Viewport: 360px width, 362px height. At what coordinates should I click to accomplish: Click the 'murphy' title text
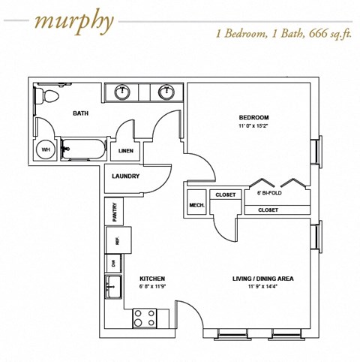[73, 22]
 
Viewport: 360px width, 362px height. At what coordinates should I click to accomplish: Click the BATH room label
[81, 114]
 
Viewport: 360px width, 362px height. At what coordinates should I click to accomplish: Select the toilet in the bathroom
[46, 96]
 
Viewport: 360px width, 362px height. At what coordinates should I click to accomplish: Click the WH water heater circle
[46, 149]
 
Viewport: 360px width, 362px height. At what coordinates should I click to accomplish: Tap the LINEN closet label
[127, 151]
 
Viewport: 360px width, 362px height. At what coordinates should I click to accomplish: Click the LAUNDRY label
[125, 176]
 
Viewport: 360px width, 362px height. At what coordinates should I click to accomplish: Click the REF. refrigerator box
[117, 241]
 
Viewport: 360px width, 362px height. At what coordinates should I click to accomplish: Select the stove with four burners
[143, 318]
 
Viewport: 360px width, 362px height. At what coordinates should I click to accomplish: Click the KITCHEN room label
[152, 279]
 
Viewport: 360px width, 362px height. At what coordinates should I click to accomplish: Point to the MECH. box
[196, 205]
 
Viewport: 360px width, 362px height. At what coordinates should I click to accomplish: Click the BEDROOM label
[253, 118]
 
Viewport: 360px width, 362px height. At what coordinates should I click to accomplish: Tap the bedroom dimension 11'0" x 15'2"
[253, 126]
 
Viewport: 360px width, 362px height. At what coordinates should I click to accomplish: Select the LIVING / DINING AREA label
[262, 279]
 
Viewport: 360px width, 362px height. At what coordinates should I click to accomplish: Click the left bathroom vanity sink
[122, 92]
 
